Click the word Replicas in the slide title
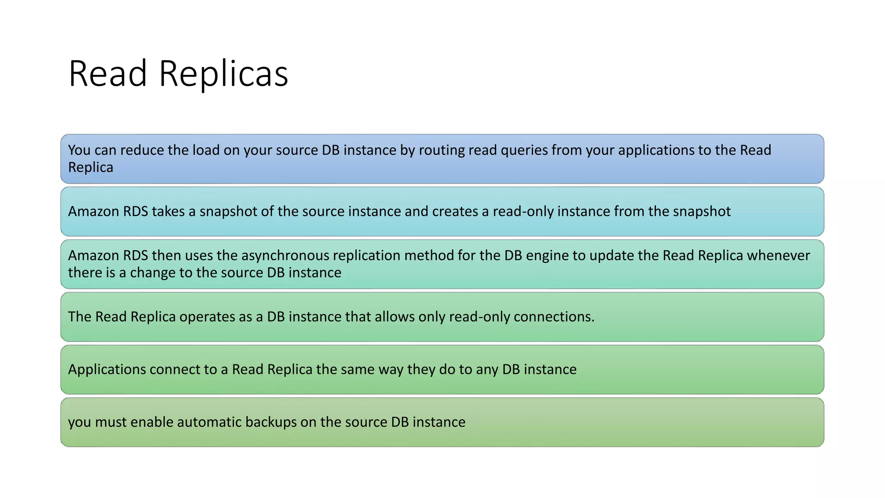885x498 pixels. [223, 74]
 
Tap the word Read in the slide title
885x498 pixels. [108, 73]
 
